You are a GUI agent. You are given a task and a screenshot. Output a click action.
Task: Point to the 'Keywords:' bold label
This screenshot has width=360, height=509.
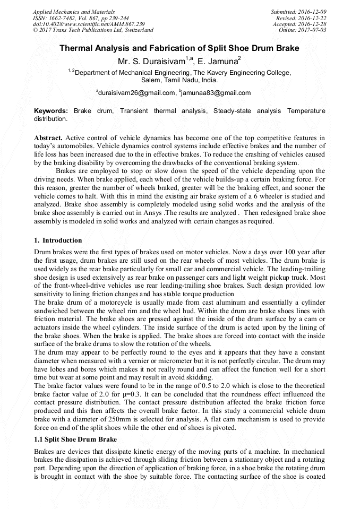tap(51, 111)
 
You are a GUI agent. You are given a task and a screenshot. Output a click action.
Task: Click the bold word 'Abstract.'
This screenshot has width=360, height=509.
tap(48, 137)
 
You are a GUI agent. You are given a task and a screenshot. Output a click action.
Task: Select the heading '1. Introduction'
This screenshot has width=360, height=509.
tap(58, 240)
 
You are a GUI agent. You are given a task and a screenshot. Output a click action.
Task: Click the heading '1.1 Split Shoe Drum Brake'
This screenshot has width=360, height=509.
tap(75, 439)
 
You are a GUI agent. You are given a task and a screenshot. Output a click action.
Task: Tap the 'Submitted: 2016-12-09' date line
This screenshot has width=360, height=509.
tap(298, 11)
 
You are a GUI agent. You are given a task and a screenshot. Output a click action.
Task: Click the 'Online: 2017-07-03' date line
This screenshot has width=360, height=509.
tap(303, 30)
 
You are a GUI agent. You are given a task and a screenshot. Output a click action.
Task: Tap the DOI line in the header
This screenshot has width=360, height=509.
tap(89, 24)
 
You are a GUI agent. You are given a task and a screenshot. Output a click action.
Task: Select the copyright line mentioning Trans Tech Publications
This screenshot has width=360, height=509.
tap(93, 30)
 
